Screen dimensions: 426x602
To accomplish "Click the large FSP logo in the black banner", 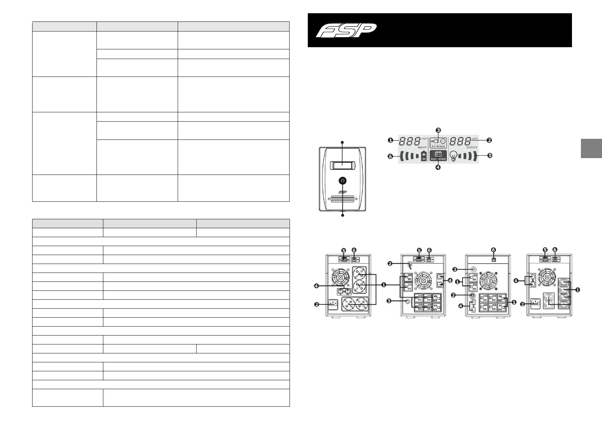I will [346, 30].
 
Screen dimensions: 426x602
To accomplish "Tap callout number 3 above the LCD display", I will [438, 130].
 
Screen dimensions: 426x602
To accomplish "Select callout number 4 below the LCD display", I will [438, 167].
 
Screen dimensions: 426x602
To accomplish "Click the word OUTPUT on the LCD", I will [472, 147].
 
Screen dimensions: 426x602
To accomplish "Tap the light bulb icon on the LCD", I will [454, 156].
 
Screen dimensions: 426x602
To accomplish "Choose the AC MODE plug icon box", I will [438, 142].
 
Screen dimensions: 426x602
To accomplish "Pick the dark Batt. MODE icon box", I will [438, 156].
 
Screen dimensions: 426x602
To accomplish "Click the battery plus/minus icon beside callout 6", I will [424, 156].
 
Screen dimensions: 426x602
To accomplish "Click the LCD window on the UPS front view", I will [342, 165].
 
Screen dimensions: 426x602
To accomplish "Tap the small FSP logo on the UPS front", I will [342, 192].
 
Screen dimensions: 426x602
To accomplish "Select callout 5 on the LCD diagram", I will [490, 156].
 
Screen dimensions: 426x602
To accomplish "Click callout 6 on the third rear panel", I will [493, 250].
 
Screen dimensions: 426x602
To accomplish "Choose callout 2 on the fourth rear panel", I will [523, 304].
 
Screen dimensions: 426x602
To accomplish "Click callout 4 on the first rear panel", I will [316, 286].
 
